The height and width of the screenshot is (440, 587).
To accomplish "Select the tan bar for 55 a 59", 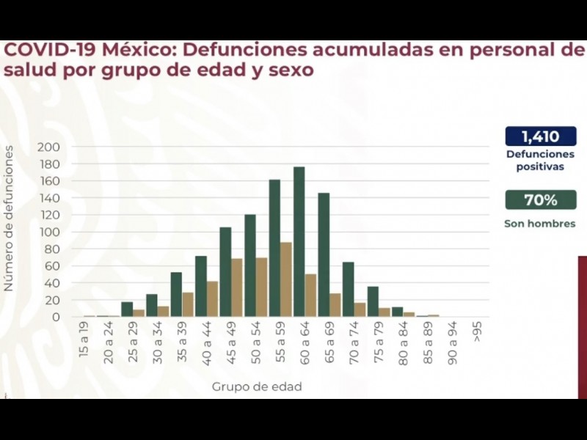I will [x=286, y=279].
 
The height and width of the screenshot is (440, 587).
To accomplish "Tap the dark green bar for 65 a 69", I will [x=324, y=254].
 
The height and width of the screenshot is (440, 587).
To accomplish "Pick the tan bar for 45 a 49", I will [x=237, y=287].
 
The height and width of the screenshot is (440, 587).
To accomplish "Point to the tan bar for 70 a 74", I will [x=360, y=309].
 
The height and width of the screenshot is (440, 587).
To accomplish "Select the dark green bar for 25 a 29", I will [x=127, y=309].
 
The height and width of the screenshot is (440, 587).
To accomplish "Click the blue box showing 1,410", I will [x=540, y=136].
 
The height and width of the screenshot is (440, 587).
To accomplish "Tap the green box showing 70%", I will [x=540, y=200].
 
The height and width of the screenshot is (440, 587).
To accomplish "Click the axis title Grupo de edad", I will [x=257, y=386].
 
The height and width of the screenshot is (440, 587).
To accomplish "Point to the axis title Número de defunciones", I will [x=9, y=219].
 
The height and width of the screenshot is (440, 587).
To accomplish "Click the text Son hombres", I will [x=540, y=223].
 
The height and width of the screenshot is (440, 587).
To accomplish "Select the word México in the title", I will [x=139, y=50].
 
